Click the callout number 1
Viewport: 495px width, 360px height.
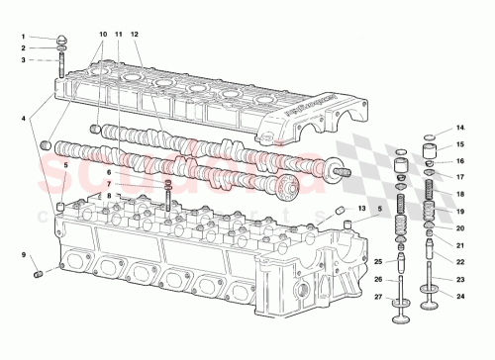point(23,37)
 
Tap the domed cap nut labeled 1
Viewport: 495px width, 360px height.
point(60,41)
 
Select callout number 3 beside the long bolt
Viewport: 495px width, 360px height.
point(23,60)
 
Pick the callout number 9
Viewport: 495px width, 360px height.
point(23,256)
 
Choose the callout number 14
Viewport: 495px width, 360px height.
point(459,128)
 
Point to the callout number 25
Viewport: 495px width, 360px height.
point(377,261)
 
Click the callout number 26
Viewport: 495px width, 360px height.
point(377,279)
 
